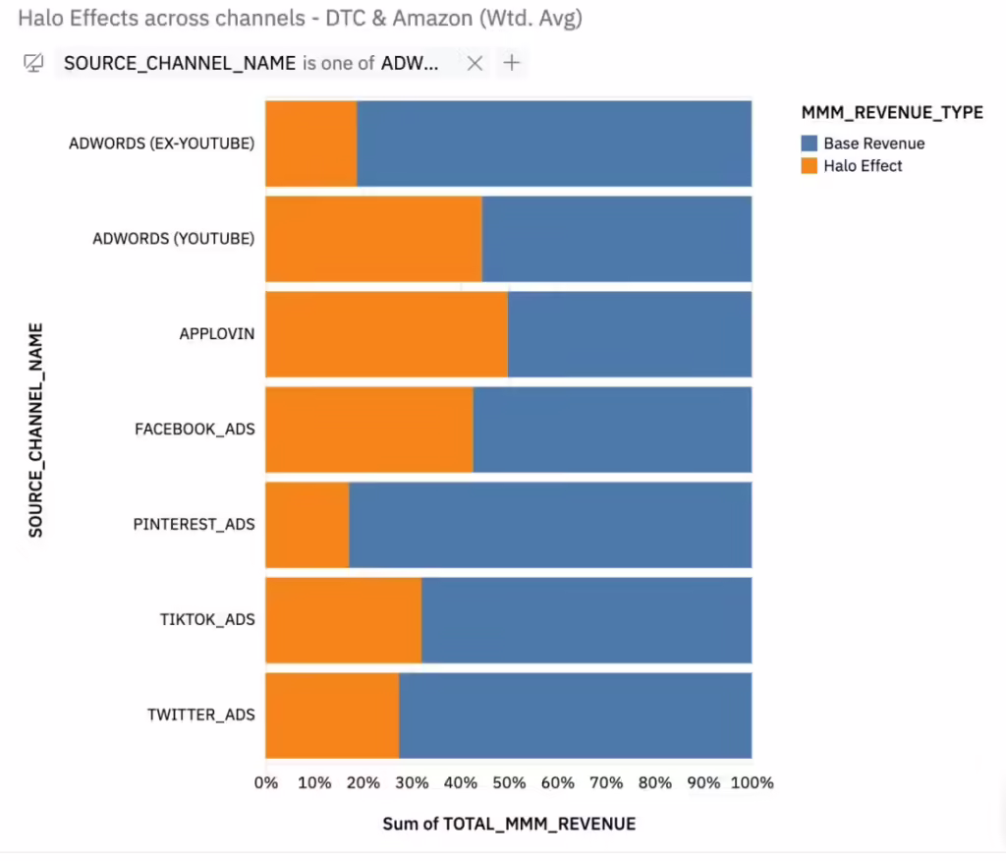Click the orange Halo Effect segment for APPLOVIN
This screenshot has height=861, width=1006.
pyautogui.click(x=386, y=334)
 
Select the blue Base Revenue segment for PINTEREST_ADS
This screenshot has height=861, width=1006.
pyautogui.click(x=550, y=525)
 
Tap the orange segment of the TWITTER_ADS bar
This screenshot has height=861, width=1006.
pyautogui.click(x=332, y=716)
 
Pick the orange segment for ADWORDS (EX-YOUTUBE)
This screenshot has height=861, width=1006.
pyautogui.click(x=310, y=143)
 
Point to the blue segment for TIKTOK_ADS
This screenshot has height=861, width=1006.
pyautogui.click(x=587, y=620)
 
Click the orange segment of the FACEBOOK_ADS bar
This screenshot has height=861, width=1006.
pyautogui.click(x=368, y=430)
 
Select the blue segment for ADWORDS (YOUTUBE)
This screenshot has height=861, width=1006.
pyautogui.click(x=617, y=239)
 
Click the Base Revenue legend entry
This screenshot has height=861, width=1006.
pyautogui.click(x=873, y=143)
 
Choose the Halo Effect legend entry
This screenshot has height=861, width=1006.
pyautogui.click(x=862, y=166)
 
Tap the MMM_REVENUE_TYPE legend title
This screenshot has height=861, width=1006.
pyautogui.click(x=891, y=113)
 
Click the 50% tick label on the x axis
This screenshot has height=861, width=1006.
pyautogui.click(x=509, y=783)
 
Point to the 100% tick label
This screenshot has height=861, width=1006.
pyautogui.click(x=752, y=783)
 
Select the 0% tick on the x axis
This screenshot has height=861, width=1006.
pyautogui.click(x=266, y=783)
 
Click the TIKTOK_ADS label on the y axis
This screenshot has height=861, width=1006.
pyautogui.click(x=207, y=620)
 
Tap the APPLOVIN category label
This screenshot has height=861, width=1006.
pyautogui.click(x=216, y=334)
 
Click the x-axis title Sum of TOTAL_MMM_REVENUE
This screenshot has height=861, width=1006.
pyautogui.click(x=509, y=824)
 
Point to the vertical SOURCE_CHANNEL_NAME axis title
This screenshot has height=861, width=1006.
pyautogui.click(x=36, y=430)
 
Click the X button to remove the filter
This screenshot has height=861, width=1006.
pyautogui.click(x=475, y=64)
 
